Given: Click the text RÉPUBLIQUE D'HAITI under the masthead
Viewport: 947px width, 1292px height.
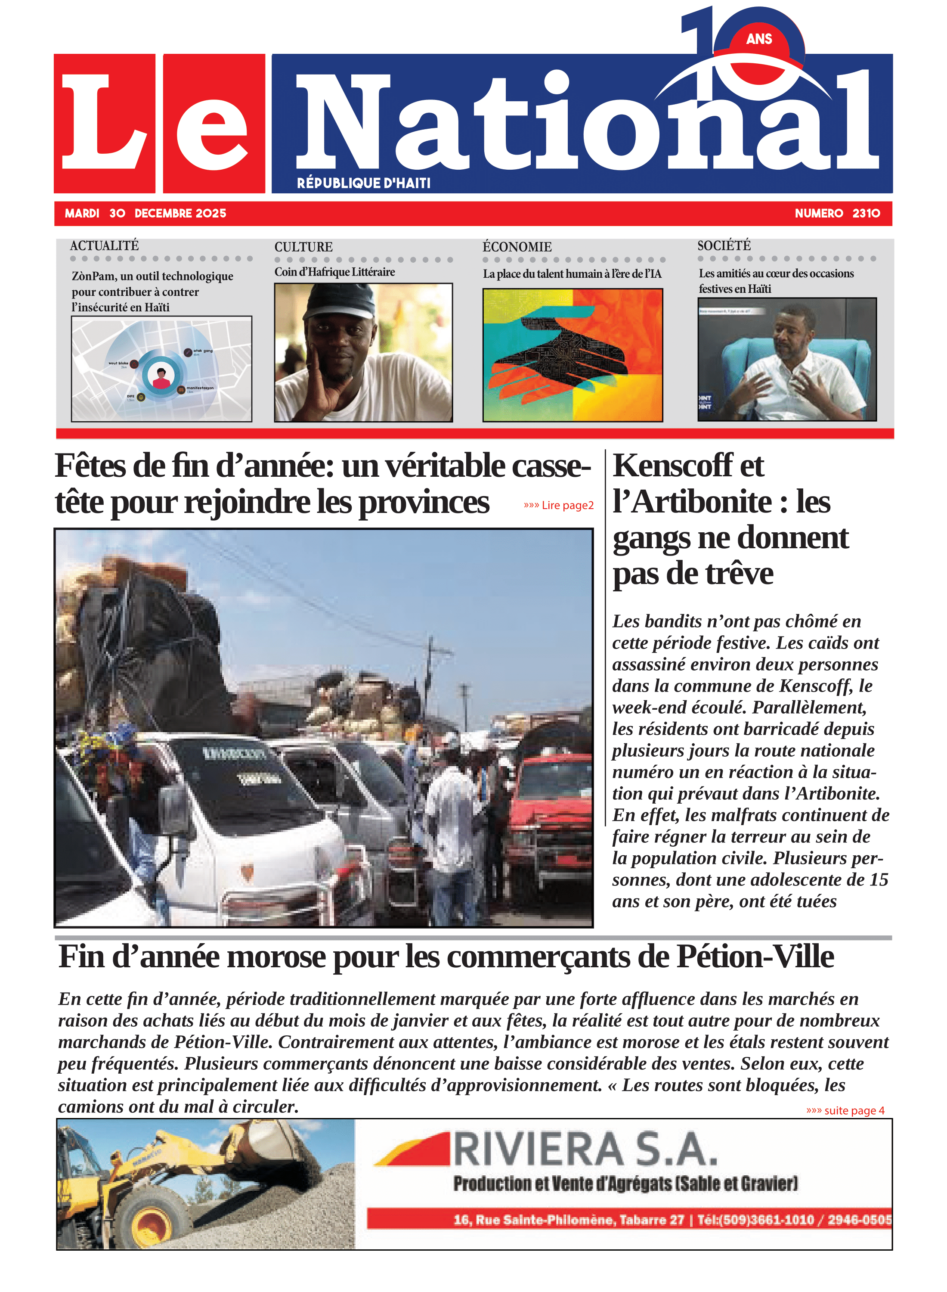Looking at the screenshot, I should [363, 183].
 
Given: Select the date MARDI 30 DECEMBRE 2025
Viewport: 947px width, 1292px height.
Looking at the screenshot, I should [145, 213].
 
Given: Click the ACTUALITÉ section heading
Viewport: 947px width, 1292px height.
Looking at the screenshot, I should [104, 245].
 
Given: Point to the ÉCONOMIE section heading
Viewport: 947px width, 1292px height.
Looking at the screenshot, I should [517, 247].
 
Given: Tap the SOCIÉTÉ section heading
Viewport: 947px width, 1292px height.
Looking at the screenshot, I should [724, 245].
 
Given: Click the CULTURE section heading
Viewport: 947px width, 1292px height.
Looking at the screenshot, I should [303, 247].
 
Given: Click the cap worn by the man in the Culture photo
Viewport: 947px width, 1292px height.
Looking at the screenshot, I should [338, 301].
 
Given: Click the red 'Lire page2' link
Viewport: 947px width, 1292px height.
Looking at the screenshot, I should [558, 505].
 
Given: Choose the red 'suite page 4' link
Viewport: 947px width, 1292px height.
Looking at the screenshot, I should [845, 1110].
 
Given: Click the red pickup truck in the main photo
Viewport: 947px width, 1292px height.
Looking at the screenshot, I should [550, 803].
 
